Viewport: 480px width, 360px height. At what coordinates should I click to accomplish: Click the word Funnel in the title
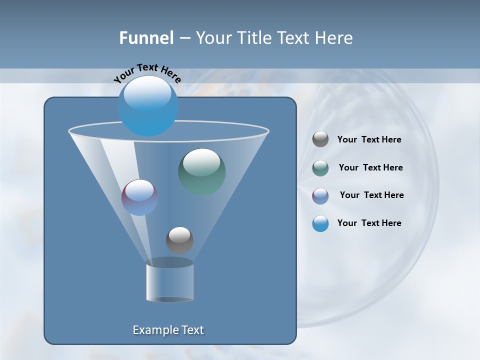click(146, 38)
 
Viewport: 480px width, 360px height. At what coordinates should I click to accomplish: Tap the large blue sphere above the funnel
click(147, 106)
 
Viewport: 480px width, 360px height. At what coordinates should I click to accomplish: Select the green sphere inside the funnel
click(201, 171)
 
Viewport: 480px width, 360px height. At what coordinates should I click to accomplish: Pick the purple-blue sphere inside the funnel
click(139, 197)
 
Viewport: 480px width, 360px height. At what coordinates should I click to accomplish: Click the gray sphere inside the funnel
click(179, 240)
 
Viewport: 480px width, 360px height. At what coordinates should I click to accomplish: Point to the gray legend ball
click(320, 139)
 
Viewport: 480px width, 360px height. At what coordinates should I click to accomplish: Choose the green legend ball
click(320, 167)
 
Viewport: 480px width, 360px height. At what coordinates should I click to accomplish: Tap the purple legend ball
click(320, 195)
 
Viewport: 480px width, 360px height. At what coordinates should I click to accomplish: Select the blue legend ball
click(320, 223)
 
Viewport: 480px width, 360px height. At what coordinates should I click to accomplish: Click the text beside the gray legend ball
click(369, 139)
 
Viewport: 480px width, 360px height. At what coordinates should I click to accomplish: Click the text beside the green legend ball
click(370, 167)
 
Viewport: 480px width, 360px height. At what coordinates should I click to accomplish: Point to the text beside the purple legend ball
click(371, 195)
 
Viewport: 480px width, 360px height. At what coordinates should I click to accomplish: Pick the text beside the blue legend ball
click(369, 223)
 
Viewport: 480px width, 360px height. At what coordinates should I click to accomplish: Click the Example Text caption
click(168, 330)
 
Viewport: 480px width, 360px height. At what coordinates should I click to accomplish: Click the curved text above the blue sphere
click(147, 73)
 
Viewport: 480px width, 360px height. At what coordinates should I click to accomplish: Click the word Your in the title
click(211, 38)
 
